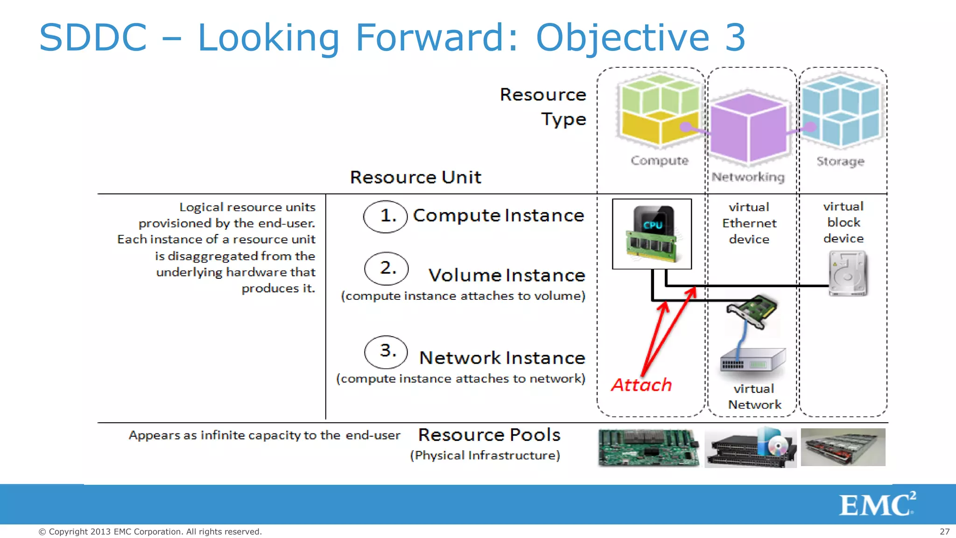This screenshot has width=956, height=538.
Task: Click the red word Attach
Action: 641,385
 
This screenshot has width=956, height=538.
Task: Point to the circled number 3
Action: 386,351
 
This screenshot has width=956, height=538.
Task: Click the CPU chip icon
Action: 652,234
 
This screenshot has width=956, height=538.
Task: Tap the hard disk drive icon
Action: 847,274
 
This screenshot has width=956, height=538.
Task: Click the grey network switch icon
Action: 752,361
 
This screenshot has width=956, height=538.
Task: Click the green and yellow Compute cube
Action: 659,109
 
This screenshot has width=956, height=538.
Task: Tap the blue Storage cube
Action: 840,110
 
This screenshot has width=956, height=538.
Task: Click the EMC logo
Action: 877,504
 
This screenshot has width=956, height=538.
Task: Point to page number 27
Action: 944,531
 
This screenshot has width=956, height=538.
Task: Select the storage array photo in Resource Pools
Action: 843,447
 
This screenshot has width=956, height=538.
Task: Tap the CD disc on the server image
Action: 777,447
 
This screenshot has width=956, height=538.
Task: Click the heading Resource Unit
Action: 415,177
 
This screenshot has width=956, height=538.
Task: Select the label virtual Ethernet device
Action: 749,223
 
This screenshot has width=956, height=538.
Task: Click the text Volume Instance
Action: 506,275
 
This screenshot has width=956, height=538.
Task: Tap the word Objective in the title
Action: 623,37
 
